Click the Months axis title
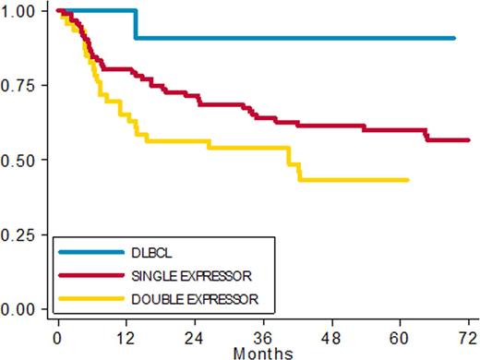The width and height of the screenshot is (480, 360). tap(263, 352)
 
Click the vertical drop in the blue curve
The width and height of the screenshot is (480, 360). tap(137, 25)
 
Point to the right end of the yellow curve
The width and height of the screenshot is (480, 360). tap(408, 180)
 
